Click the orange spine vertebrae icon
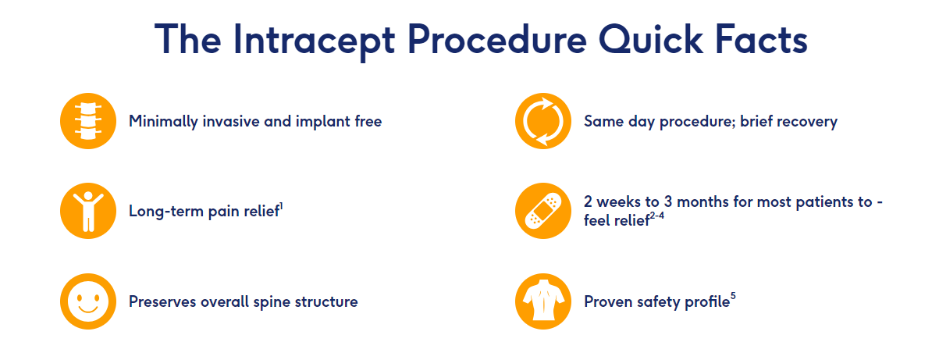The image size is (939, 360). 88,121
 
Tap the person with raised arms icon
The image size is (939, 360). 88,211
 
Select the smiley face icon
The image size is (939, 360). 88,301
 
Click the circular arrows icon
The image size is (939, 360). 543,121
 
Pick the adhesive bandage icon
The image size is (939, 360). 543,211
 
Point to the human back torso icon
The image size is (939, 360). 543,301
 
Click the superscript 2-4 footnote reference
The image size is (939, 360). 656,216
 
